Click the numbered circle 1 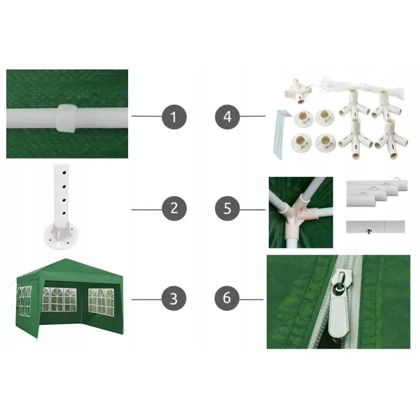[x=174, y=117]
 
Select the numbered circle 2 [x=174, y=208]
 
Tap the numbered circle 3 [x=174, y=298]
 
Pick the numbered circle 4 [x=227, y=117]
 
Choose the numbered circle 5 [x=227, y=208]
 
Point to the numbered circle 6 [x=227, y=298]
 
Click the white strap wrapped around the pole [x=66, y=118]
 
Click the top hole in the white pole [x=64, y=173]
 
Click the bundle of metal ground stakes [x=281, y=134]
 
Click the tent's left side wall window [x=24, y=300]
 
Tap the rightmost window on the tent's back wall [x=101, y=302]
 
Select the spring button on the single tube [x=370, y=232]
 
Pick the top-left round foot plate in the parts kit [x=303, y=118]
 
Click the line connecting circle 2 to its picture [x=147, y=209]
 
